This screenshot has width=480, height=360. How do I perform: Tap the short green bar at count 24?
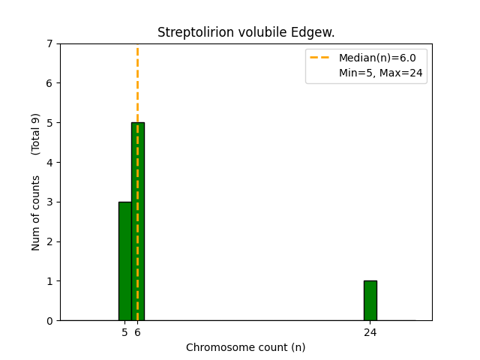point(370,301)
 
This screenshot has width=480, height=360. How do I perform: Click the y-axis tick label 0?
point(49,321)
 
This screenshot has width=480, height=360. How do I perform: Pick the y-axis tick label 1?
point(49,281)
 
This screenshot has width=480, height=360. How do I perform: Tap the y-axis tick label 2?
point(49,241)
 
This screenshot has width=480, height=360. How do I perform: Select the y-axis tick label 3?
point(49,202)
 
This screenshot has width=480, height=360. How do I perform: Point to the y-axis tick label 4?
point(49,163)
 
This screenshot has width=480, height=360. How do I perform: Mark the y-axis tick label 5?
point(49,123)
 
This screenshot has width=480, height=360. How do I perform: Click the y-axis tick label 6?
point(49,83)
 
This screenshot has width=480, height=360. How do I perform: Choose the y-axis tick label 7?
point(49,43)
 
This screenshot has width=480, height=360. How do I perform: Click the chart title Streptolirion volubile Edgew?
point(246,32)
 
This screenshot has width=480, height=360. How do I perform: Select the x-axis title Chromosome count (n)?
point(246,348)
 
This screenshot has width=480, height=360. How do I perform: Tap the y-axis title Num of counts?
point(36,213)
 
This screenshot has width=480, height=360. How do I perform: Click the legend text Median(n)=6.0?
point(377,58)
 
